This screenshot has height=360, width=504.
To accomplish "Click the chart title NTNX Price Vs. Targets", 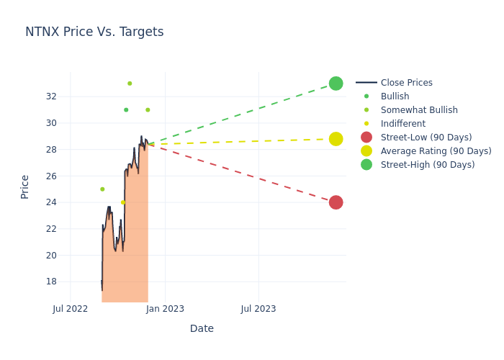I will pyautogui.click(x=94, y=32).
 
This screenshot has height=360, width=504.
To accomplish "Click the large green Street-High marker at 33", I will pyautogui.click(x=336, y=84).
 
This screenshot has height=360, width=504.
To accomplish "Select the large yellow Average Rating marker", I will pyautogui.click(x=336, y=139).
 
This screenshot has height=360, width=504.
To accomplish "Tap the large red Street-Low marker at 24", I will pyautogui.click(x=336, y=202).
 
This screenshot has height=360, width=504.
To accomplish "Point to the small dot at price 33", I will pyautogui.click(x=130, y=84).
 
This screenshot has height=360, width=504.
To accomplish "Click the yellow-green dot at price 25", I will pyautogui.click(x=102, y=189).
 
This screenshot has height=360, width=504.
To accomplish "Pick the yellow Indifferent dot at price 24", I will pyautogui.click(x=122, y=202).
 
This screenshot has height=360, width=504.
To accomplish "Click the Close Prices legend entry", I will pyautogui.click(x=406, y=83).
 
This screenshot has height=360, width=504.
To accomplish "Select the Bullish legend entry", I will pyautogui.click(x=395, y=96).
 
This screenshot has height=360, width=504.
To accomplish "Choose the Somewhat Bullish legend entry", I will pyautogui.click(x=418, y=110).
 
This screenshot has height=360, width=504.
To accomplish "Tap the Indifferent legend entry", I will pyautogui.click(x=402, y=124).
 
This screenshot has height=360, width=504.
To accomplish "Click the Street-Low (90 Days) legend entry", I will pyautogui.click(x=426, y=138).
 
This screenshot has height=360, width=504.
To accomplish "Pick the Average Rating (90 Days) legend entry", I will pyautogui.click(x=436, y=151).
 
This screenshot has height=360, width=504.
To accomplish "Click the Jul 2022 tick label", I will pyautogui.click(x=71, y=309).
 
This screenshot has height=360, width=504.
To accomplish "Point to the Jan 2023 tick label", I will pyautogui.click(x=165, y=309).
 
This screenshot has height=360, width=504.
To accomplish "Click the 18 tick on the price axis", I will pyautogui.click(x=51, y=282).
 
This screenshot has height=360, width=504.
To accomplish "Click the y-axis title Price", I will pyautogui.click(x=25, y=186).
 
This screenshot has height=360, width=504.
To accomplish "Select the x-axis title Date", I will pyautogui.click(x=202, y=329).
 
